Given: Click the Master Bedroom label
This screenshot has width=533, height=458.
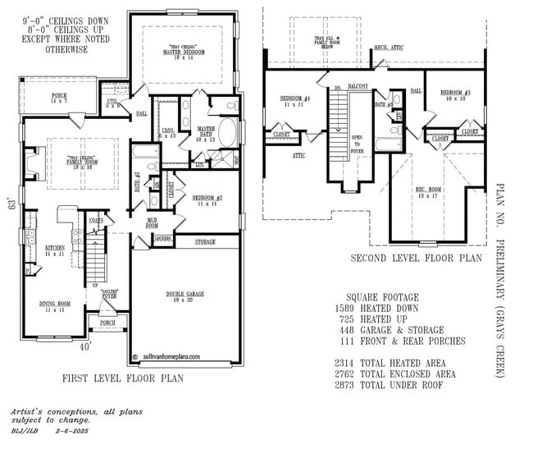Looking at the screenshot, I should [182, 52].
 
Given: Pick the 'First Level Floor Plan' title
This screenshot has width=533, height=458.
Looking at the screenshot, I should [122, 378].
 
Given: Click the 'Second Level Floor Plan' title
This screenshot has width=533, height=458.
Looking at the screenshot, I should [416, 258].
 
